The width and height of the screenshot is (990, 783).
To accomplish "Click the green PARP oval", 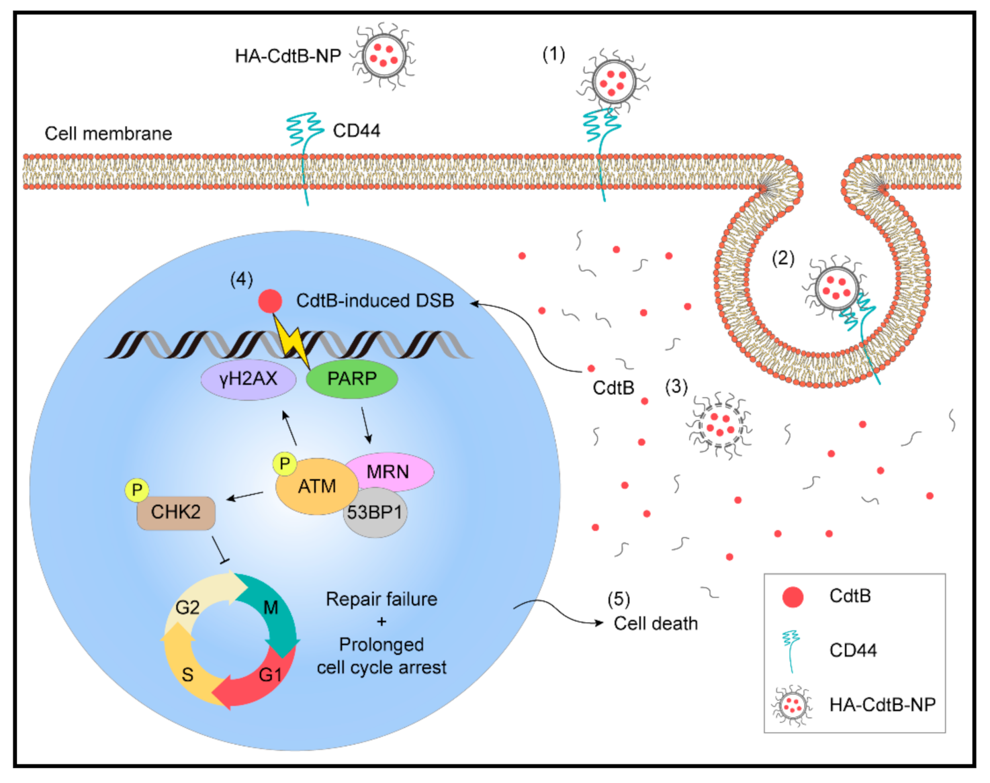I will click(351, 379).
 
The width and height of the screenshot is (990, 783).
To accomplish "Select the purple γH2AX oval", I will click(248, 379).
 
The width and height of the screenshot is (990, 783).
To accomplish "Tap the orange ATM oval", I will click(316, 487).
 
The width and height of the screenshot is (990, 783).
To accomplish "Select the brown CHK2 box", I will click(176, 513).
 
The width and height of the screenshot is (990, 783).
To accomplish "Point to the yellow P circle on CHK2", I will click(137, 490).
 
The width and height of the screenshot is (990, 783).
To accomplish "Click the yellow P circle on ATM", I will click(284, 463).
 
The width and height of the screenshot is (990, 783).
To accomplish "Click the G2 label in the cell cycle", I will click(187, 608).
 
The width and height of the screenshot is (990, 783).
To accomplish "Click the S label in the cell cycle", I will click(187, 675).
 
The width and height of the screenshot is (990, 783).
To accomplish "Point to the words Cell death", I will click(656, 624).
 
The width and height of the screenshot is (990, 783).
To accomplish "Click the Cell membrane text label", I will click(108, 134).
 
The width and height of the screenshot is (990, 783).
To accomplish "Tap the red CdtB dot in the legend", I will click(793, 596).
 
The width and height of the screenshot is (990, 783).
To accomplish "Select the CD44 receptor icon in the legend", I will click(791, 649).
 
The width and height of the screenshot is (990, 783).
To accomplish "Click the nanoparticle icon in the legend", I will click(791, 705).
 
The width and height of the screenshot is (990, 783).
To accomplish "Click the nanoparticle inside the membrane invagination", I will click(836, 288).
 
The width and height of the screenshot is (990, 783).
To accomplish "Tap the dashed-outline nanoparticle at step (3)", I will click(719, 425).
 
